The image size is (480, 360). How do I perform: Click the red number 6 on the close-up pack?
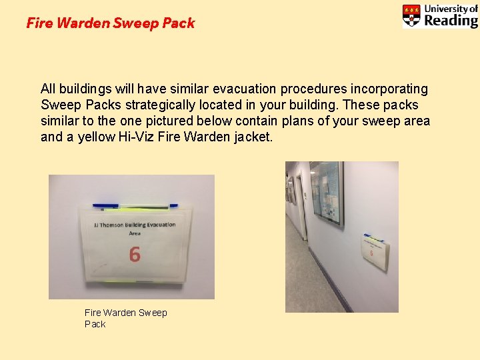135,254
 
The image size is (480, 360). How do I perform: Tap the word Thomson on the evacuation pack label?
112,225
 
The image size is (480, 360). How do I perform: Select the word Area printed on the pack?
135,233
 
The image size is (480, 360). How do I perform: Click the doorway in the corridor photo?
301,207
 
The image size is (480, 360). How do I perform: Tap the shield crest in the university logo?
411,15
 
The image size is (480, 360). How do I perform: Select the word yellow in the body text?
95,137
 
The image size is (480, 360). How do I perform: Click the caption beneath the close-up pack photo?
125,318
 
